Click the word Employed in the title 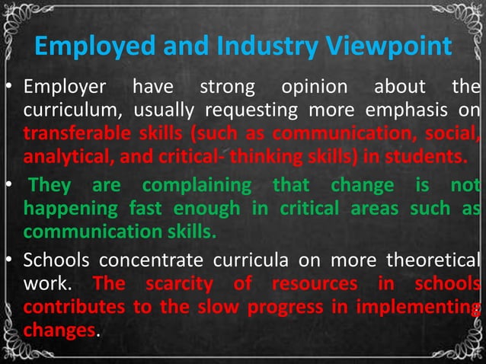(86, 48)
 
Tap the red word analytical (62, 158)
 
